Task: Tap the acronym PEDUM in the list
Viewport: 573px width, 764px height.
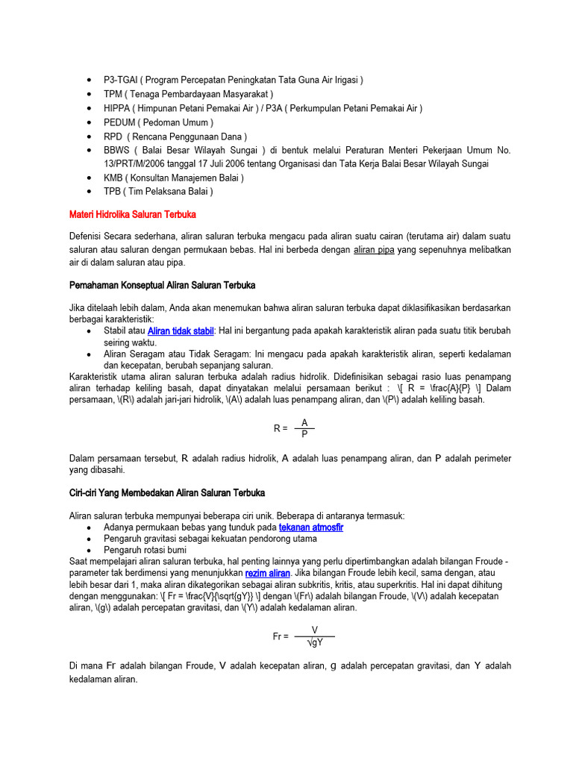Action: click(119, 122)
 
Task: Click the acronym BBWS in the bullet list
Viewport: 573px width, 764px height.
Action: click(117, 150)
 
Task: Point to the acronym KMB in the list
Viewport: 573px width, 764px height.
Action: click(113, 178)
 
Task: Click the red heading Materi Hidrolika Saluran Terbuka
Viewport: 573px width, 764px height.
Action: click(133, 215)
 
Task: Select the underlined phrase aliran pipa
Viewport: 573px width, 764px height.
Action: click(373, 250)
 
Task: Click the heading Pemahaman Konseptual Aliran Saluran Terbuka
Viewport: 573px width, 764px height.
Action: click(162, 285)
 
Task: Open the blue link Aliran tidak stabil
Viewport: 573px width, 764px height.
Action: click(181, 331)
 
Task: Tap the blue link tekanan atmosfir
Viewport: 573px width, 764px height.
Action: click(311, 527)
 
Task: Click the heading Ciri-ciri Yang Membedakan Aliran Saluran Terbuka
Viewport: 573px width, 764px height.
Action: click(166, 493)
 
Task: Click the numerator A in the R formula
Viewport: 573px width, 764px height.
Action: click(304, 423)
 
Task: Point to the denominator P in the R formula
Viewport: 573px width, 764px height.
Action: click(304, 434)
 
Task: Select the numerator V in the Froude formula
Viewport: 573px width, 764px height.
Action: click(315, 630)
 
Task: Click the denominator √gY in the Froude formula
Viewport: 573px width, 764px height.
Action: click(315, 642)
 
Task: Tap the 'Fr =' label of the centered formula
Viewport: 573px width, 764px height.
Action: click(281, 636)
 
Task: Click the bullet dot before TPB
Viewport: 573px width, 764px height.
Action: click(90, 192)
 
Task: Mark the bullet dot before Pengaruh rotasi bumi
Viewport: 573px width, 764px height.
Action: click(90, 550)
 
